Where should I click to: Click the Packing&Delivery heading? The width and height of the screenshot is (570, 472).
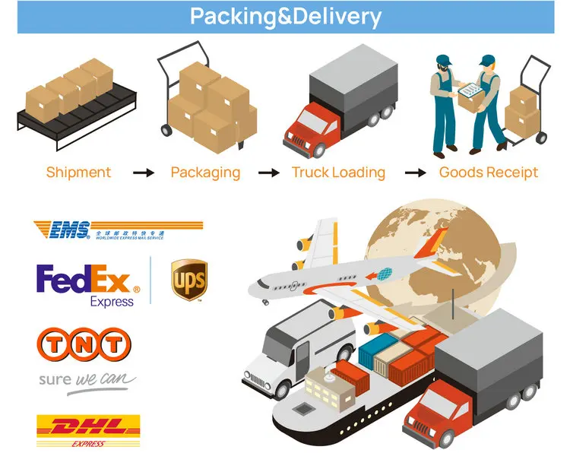tap(285, 17)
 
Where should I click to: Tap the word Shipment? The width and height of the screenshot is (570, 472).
tap(78, 173)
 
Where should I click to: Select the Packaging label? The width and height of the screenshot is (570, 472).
tap(205, 173)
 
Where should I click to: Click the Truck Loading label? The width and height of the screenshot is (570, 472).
tap(338, 173)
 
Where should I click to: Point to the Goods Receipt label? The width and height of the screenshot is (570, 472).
tap(489, 173)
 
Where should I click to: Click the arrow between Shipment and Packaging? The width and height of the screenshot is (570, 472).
tap(144, 173)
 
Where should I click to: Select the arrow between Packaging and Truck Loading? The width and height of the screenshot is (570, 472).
tap(269, 173)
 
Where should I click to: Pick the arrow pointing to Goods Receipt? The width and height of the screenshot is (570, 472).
tap(415, 173)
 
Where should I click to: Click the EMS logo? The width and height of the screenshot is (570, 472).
tap(118, 229)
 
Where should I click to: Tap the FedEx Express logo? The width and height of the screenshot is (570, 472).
tap(88, 283)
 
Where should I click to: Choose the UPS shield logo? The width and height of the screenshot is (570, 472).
tap(188, 280)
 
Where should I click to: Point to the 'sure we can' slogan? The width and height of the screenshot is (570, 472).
tap(87, 379)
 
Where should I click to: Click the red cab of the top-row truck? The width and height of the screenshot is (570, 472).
tap(308, 126)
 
